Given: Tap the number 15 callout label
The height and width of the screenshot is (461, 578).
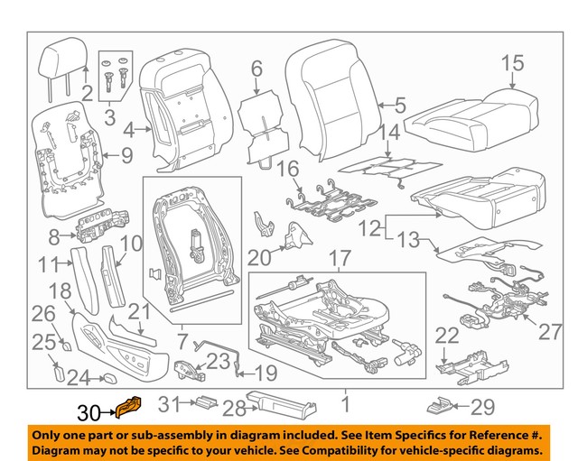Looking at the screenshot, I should [512, 62].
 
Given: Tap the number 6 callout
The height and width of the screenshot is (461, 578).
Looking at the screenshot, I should [256, 68].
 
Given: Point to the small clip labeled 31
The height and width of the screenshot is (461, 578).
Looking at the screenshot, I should [204, 403].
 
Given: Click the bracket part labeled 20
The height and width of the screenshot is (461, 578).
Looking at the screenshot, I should [293, 235].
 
